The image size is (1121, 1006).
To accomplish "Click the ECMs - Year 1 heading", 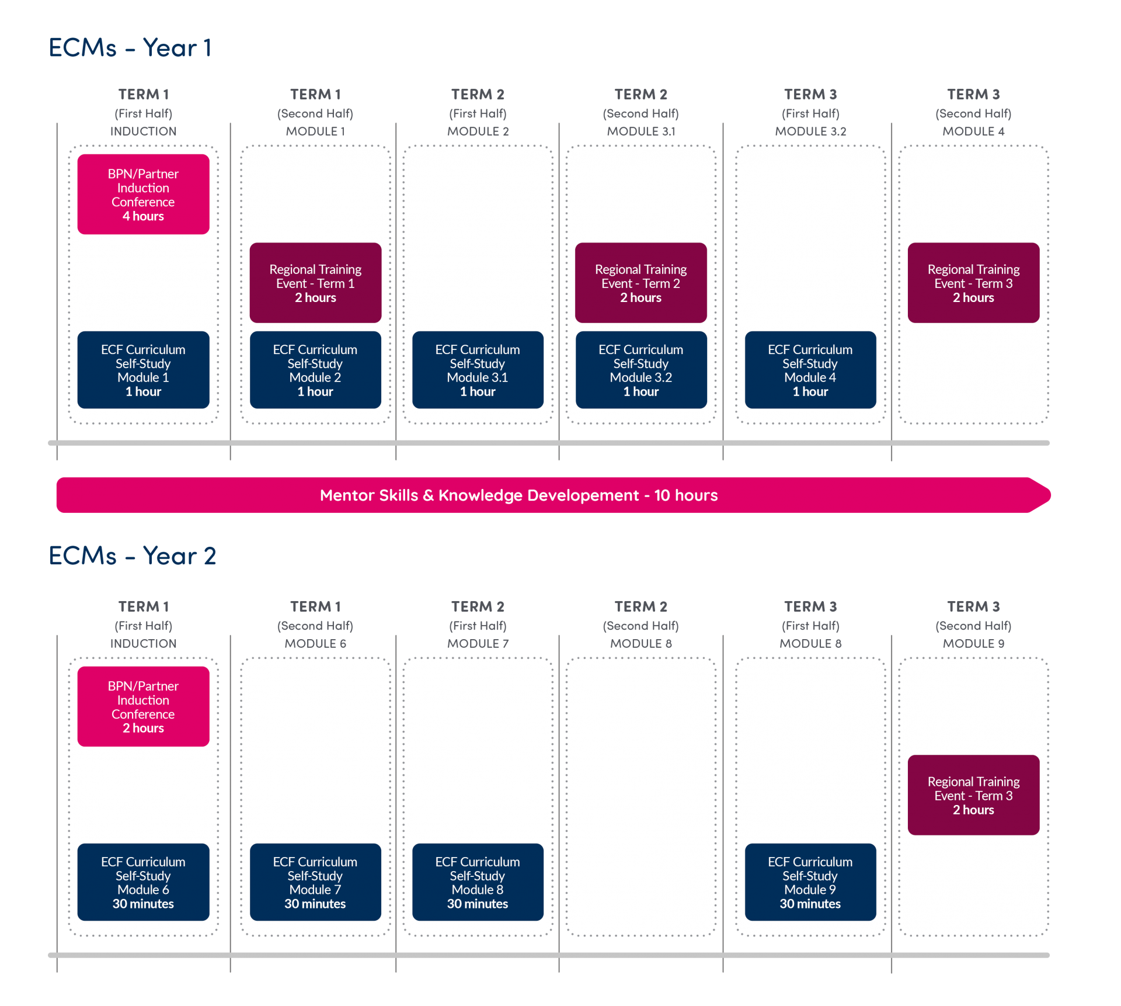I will click(x=130, y=48).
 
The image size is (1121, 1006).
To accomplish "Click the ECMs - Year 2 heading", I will click(x=132, y=556).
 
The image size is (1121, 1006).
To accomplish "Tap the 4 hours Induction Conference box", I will click(x=143, y=195).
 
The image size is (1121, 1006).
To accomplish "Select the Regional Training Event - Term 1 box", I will click(x=315, y=283).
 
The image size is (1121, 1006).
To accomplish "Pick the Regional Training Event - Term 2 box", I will click(x=640, y=283).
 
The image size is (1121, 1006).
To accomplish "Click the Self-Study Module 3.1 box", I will click(x=478, y=370).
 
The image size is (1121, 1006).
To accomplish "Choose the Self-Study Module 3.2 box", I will click(x=640, y=370).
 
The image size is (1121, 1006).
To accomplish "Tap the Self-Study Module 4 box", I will click(x=810, y=370).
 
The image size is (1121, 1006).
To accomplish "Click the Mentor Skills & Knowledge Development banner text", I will click(x=518, y=495).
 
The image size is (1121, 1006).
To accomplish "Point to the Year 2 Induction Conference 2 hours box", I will click(x=143, y=706).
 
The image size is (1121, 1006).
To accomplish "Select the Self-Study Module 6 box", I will click(x=143, y=882).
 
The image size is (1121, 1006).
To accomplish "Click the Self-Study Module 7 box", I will click(x=315, y=882).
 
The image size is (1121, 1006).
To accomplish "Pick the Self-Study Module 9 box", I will click(x=810, y=882).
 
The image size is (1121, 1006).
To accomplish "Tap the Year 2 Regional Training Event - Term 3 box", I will click(x=973, y=795).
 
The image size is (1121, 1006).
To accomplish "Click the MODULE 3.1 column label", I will click(x=640, y=131).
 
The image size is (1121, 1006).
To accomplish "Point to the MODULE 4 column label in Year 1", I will click(x=973, y=131).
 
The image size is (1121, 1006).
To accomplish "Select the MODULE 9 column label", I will click(x=973, y=643).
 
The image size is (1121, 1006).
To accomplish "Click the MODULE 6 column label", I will click(x=315, y=643).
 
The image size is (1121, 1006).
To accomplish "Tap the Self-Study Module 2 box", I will click(x=315, y=370).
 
